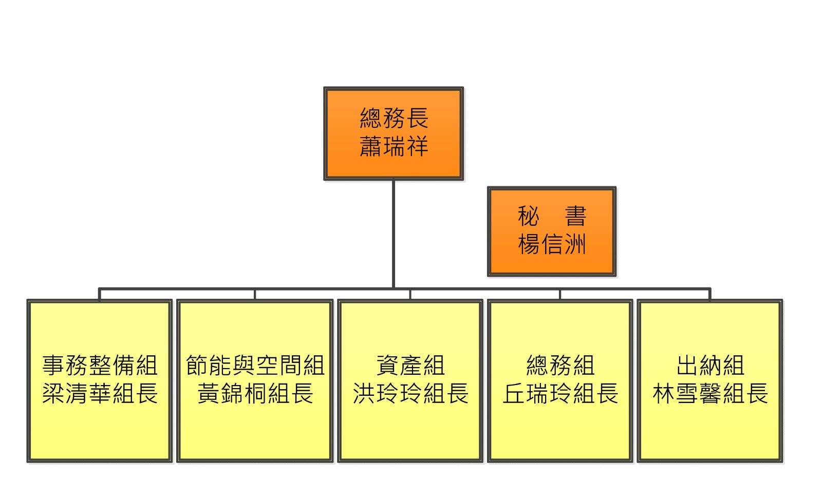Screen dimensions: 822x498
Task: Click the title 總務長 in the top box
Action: [x=394, y=118]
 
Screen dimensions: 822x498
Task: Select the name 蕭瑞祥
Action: [x=394, y=146]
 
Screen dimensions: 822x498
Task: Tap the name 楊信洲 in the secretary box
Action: [x=552, y=244]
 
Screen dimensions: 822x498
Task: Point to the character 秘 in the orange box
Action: [x=529, y=216]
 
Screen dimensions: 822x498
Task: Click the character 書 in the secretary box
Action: [x=575, y=216]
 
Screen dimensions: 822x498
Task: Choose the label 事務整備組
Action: [x=100, y=365]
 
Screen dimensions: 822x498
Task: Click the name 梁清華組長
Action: [x=100, y=393]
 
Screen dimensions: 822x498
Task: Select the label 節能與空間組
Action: [x=255, y=365]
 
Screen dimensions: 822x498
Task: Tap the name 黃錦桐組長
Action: [x=255, y=393]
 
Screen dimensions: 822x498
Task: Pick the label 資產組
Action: [x=410, y=365]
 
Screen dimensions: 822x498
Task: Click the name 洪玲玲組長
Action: [x=410, y=393]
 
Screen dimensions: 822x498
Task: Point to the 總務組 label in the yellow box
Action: [x=561, y=365]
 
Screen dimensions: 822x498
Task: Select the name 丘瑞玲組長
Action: [x=561, y=393]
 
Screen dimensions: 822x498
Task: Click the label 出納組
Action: [x=711, y=365]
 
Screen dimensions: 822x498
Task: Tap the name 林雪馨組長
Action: [x=711, y=393]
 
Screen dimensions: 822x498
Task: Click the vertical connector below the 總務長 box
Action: [x=394, y=234]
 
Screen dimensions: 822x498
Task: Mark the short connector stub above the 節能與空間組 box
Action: [x=255, y=295]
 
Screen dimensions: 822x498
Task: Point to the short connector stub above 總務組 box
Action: [x=560, y=295]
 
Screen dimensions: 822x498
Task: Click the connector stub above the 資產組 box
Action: [x=410, y=295]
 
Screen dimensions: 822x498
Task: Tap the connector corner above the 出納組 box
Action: [x=710, y=289]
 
